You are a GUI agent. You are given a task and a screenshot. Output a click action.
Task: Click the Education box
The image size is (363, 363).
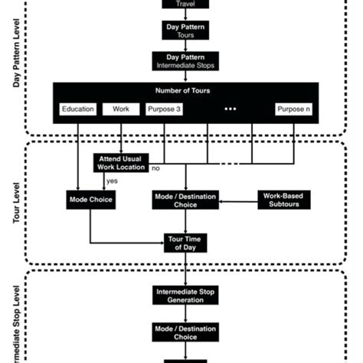click(x=78, y=109)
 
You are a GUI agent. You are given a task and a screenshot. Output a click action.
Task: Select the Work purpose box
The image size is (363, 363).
click(x=122, y=109)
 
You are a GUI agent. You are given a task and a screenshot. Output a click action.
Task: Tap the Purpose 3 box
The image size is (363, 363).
click(x=165, y=109)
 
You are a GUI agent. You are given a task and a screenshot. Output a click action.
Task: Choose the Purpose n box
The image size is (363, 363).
click(x=295, y=109)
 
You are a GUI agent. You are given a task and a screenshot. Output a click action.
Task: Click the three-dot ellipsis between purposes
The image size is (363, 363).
click(x=231, y=109)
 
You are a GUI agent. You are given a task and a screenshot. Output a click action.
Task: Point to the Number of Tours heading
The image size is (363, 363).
click(x=185, y=91)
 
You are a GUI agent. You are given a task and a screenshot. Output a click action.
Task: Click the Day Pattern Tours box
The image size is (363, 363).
click(x=185, y=31)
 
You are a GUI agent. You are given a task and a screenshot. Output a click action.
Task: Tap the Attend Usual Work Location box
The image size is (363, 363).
click(x=121, y=162)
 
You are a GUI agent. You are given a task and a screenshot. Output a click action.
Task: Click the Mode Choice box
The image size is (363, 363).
click(x=90, y=200)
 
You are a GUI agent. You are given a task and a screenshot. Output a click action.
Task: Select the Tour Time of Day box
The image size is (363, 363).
click(x=185, y=242)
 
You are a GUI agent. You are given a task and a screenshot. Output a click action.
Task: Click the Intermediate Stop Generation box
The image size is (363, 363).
click(x=185, y=296)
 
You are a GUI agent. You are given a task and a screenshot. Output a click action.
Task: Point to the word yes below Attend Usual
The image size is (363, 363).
click(x=112, y=181)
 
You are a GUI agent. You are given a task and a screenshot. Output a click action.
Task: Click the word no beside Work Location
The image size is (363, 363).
click(x=155, y=167)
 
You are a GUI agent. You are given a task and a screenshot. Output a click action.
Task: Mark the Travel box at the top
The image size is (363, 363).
click(x=185, y=4)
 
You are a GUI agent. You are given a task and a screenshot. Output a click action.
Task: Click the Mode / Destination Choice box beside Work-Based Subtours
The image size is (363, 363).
click(x=185, y=200)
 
